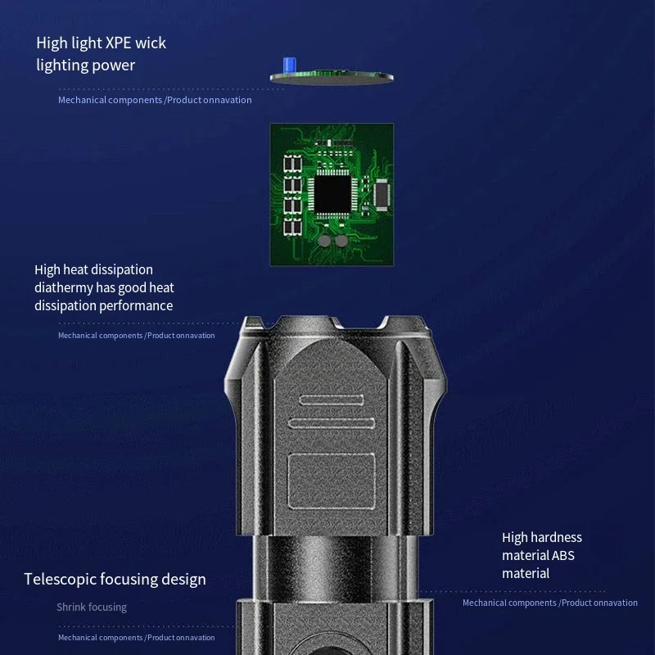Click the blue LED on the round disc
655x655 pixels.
point(290,65)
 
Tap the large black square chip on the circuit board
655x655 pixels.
point(332,194)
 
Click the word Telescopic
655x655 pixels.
point(60,580)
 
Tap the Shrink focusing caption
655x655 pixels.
point(92,608)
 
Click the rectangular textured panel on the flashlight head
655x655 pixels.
point(332,481)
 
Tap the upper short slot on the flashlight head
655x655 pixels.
point(332,400)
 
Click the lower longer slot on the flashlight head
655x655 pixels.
point(332,423)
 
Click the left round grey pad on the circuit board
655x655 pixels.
point(324,241)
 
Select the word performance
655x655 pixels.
point(136,306)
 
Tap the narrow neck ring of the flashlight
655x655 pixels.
point(335,567)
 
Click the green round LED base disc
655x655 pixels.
point(332,77)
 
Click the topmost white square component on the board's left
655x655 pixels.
point(292,163)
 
